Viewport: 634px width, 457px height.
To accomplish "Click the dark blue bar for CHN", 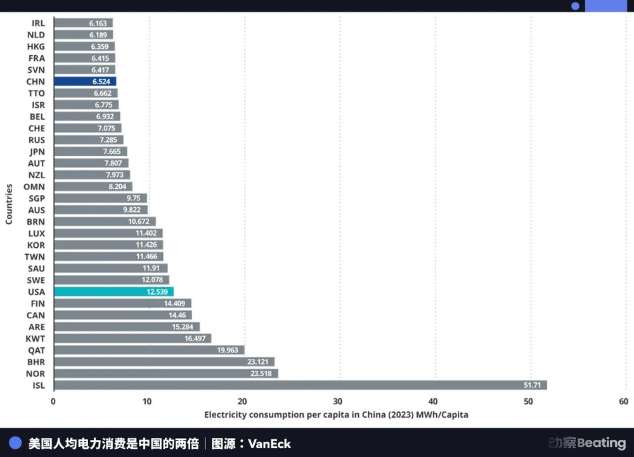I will pyautogui.click(x=85, y=81).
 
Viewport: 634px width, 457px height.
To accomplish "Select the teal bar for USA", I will pyautogui.click(x=113, y=292).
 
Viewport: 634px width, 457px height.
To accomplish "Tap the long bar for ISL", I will pyautogui.click(x=300, y=385).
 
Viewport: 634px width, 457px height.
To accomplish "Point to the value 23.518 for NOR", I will pyautogui.click(x=262, y=373).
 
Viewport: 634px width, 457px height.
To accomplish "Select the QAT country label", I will pyautogui.click(x=36, y=350).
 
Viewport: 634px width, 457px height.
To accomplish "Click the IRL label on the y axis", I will pyautogui.click(x=38, y=23).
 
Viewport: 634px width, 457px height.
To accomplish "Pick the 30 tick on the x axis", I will pyautogui.click(x=337, y=401).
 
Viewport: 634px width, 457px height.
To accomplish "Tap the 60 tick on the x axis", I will pyautogui.click(x=623, y=401).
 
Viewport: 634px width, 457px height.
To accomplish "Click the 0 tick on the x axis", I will pyautogui.click(x=53, y=401).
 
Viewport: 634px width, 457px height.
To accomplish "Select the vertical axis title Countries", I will pyautogui.click(x=9, y=203).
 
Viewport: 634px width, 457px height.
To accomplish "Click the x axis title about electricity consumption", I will pyautogui.click(x=336, y=415).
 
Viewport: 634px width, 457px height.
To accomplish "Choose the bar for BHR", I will pyautogui.click(x=164, y=362).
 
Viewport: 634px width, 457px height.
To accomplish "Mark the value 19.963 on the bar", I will pyautogui.click(x=229, y=350).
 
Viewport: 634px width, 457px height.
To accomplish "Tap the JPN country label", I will pyautogui.click(x=37, y=151).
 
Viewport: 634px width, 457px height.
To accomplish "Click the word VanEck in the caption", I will pyautogui.click(x=269, y=444).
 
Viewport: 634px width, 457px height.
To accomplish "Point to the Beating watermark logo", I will pyautogui.click(x=587, y=443).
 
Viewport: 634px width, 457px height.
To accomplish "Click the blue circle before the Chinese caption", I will pyautogui.click(x=15, y=443).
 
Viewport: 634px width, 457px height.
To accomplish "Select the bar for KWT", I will pyautogui.click(x=132, y=338).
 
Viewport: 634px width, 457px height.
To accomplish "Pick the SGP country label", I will pyautogui.click(x=36, y=198).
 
